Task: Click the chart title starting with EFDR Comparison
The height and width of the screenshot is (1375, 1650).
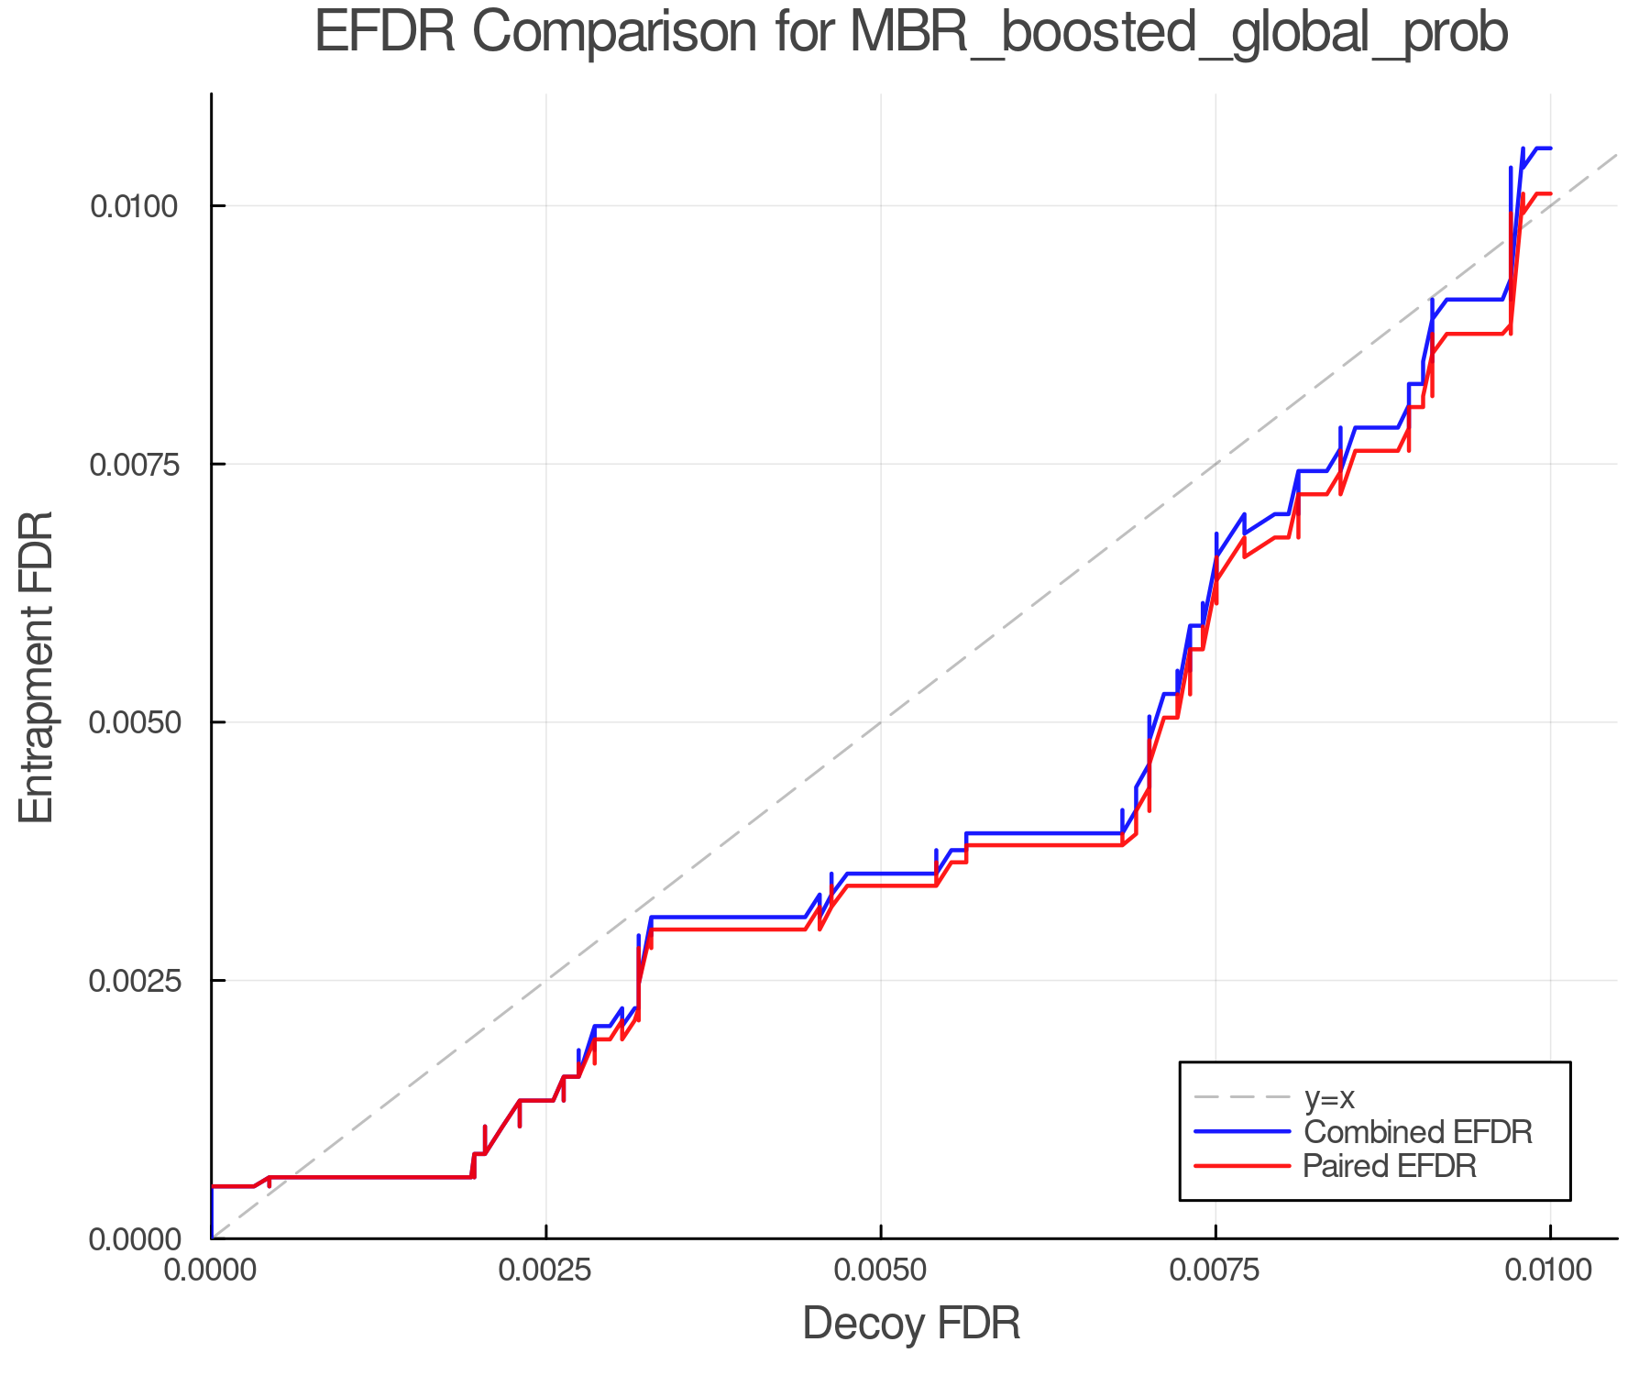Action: click(910, 33)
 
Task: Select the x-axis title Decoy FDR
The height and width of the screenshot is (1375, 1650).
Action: click(910, 1324)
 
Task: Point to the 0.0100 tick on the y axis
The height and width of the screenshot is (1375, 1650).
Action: click(134, 206)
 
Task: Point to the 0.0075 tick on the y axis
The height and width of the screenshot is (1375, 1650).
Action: click(134, 464)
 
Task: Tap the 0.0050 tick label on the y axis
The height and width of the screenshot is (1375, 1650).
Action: click(134, 722)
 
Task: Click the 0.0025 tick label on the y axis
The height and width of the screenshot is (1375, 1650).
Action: click(134, 981)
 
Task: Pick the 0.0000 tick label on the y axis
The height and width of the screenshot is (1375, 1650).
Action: click(134, 1239)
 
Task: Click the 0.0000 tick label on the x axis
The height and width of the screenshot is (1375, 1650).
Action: click(212, 1270)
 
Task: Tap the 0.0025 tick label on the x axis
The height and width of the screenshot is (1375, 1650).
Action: click(546, 1270)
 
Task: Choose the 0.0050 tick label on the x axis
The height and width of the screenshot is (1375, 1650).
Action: click(881, 1270)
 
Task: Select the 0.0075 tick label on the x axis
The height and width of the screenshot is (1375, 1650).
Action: click(1215, 1270)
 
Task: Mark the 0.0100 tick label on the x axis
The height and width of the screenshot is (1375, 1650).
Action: click(1550, 1270)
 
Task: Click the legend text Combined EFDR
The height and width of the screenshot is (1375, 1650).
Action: click(1417, 1131)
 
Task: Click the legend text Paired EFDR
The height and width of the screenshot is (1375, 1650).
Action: click(1390, 1166)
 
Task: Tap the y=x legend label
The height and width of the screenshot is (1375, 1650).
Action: click(1329, 1097)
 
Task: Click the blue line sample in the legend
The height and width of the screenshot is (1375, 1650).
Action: click(1242, 1131)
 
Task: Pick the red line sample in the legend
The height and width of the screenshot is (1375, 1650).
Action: click(1242, 1166)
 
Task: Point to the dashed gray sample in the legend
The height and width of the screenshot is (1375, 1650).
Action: click(1242, 1097)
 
